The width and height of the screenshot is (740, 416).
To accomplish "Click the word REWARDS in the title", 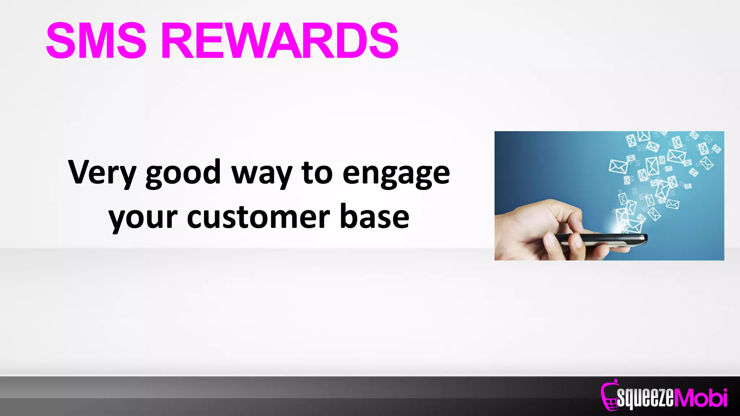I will pos(280,40).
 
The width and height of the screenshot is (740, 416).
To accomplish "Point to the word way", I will pos(261,174).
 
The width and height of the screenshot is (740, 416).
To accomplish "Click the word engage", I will pos(396,174).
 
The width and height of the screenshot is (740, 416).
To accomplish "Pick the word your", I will pos(143,218).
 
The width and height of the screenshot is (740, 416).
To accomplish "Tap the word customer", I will pos(258,217).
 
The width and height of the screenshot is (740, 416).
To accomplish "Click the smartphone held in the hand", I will pos(600,240).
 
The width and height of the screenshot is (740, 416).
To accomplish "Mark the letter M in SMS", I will pos(95,40).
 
